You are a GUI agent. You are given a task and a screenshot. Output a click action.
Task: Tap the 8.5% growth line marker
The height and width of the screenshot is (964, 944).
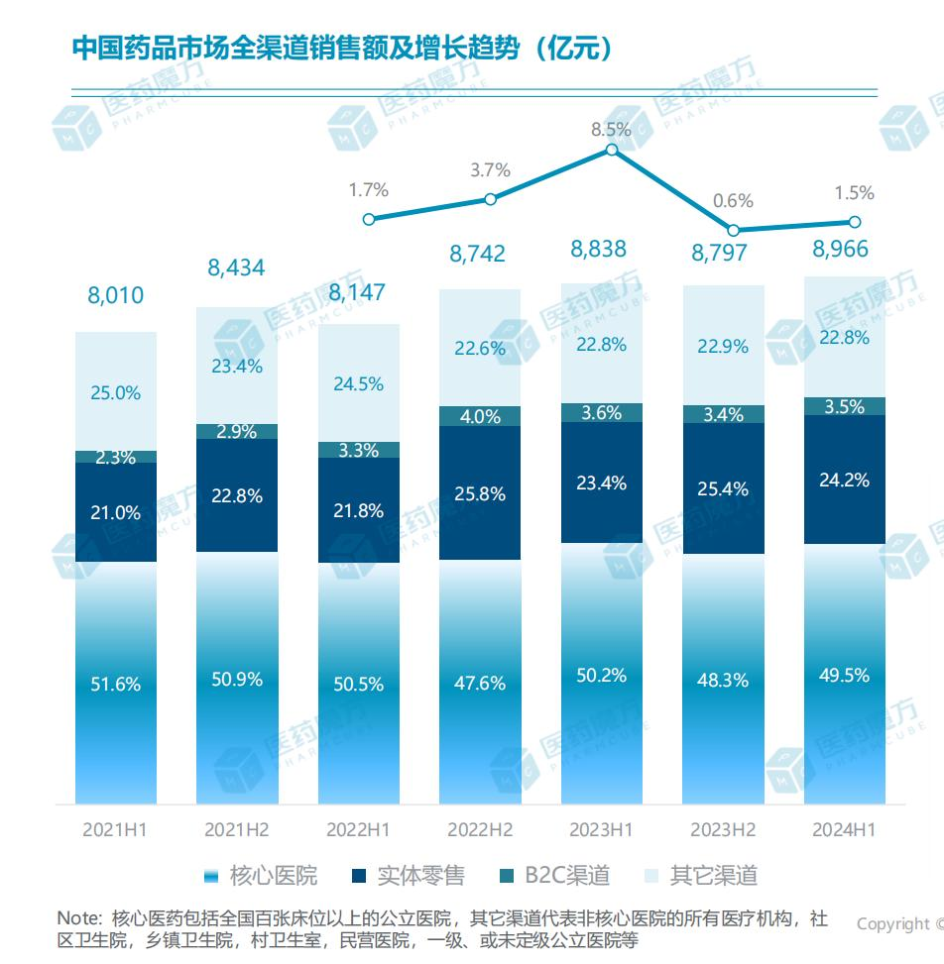(612, 150)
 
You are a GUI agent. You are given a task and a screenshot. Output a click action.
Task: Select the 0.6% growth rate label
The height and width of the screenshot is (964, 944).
(734, 200)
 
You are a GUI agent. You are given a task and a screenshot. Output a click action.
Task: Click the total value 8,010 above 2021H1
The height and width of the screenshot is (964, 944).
(116, 295)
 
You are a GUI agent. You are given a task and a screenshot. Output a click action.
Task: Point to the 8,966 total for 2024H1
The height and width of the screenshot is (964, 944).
(844, 250)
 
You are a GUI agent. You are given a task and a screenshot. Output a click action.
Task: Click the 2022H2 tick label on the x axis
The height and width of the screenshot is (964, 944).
(480, 829)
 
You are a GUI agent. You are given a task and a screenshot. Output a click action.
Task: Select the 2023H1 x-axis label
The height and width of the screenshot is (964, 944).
(602, 829)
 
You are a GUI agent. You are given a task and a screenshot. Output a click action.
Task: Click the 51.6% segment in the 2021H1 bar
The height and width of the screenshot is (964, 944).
(116, 684)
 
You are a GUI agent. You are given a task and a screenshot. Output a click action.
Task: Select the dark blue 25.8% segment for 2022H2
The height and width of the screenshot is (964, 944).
(480, 492)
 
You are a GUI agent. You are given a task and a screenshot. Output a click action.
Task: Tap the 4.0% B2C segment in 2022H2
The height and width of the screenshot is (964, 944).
(480, 416)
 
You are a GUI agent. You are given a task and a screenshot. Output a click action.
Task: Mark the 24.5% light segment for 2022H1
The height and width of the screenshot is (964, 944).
(359, 383)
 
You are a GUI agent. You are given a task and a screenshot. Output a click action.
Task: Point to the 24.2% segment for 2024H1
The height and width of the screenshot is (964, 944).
(844, 480)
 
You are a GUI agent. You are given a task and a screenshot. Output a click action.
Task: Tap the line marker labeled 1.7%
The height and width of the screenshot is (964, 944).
(369, 219)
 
